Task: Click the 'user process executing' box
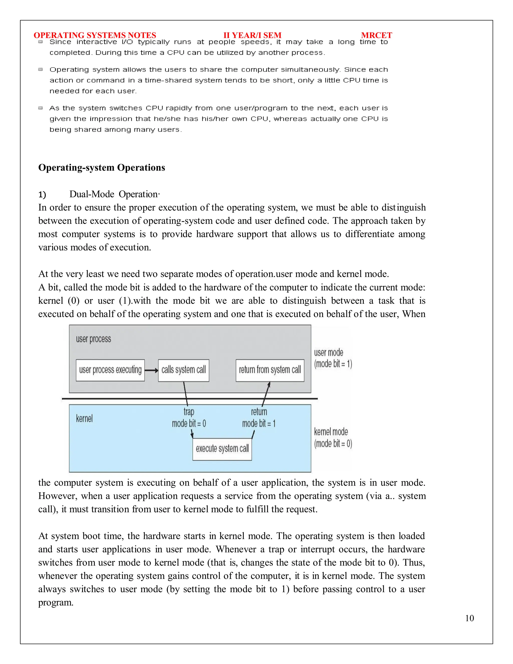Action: tap(110, 370)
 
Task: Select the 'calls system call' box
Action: tap(184, 370)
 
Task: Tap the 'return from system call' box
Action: tap(270, 370)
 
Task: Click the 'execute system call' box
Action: tap(222, 449)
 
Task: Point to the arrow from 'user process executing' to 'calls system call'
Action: tap(151, 370)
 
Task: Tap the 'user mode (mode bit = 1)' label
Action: tap(333, 358)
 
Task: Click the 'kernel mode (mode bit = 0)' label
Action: tap(333, 437)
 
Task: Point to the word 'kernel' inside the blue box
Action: tap(84, 419)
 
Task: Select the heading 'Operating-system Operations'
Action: tap(101, 168)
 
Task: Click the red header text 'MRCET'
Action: tap(376, 35)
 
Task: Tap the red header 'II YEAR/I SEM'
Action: tap(252, 35)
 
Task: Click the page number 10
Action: tap(469, 618)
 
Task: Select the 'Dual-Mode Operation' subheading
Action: tap(114, 194)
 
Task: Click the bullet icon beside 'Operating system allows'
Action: tap(40, 69)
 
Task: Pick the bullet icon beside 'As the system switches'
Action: tap(40, 108)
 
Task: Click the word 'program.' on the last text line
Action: tap(56, 603)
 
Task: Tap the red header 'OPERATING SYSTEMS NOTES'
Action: tap(95, 35)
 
